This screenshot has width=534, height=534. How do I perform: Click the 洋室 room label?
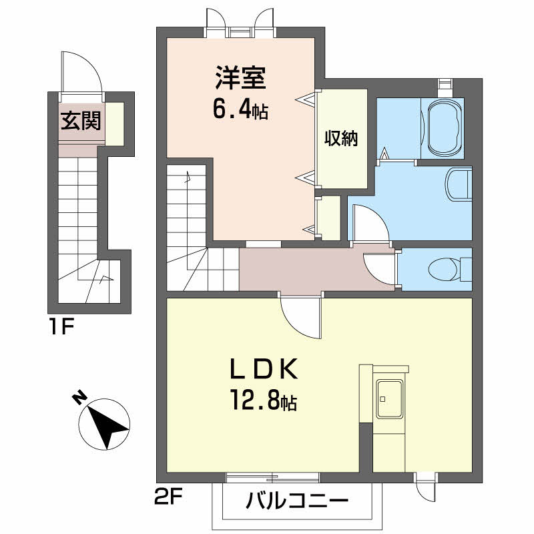tap(240, 77)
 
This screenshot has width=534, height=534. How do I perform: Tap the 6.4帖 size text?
tap(240, 109)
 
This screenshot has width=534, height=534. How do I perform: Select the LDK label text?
tap(264, 369)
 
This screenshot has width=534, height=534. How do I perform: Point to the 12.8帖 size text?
tap(264, 400)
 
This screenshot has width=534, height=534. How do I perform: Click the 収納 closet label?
tap(341, 138)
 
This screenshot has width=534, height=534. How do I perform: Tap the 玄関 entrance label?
tap(81, 121)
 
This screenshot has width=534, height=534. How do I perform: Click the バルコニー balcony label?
tap(297, 501)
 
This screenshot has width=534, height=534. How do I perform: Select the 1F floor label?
tap(61, 327)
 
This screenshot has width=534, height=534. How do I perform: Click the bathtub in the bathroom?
tap(445, 128)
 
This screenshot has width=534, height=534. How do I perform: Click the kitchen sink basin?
tap(388, 399)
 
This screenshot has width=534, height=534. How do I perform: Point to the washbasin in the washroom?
tap(457, 184)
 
